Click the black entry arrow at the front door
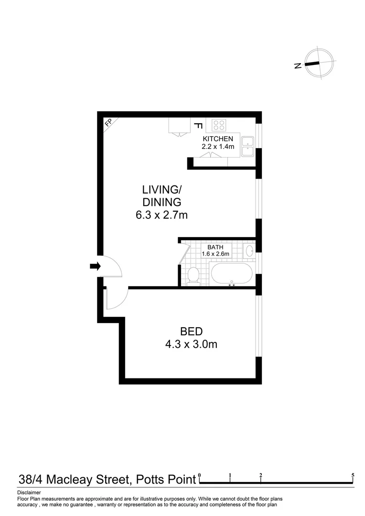click(95, 267)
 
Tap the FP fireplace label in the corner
click(108, 122)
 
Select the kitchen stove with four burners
click(219, 125)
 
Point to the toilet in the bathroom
click(193, 275)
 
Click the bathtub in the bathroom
click(231, 274)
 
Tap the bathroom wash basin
click(249, 250)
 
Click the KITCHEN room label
click(218, 139)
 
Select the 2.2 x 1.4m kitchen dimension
click(218, 147)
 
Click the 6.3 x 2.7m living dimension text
click(161, 215)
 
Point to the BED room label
click(191, 331)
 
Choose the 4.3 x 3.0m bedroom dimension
click(191, 344)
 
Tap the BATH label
click(215, 247)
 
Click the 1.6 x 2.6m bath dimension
click(215, 254)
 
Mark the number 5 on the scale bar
click(353, 475)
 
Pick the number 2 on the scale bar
click(261, 475)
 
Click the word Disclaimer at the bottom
click(29, 492)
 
